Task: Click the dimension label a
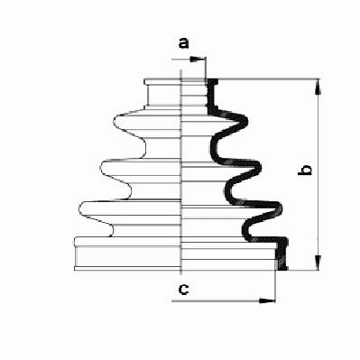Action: [x=184, y=43]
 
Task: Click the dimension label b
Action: [x=304, y=171]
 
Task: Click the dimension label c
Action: [x=183, y=290]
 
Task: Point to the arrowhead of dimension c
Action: [x=267, y=300]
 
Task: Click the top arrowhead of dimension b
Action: [x=318, y=88]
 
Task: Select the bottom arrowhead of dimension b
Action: [x=318, y=263]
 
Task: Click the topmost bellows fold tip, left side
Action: [x=115, y=122]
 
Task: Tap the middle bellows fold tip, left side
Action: [x=102, y=167]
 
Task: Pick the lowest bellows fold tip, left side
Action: [x=80, y=208]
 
